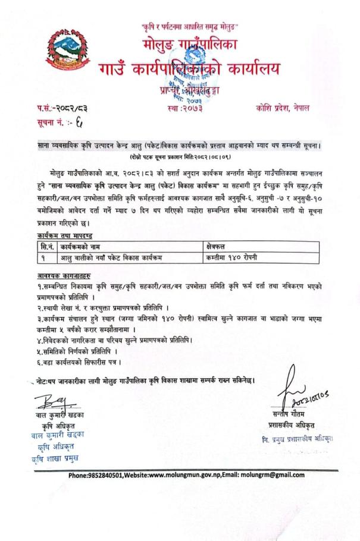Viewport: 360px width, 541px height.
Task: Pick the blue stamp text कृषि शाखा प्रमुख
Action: pyautogui.click(x=56, y=457)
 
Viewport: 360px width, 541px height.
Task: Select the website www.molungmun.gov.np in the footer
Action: pyautogui.click(x=192, y=475)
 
